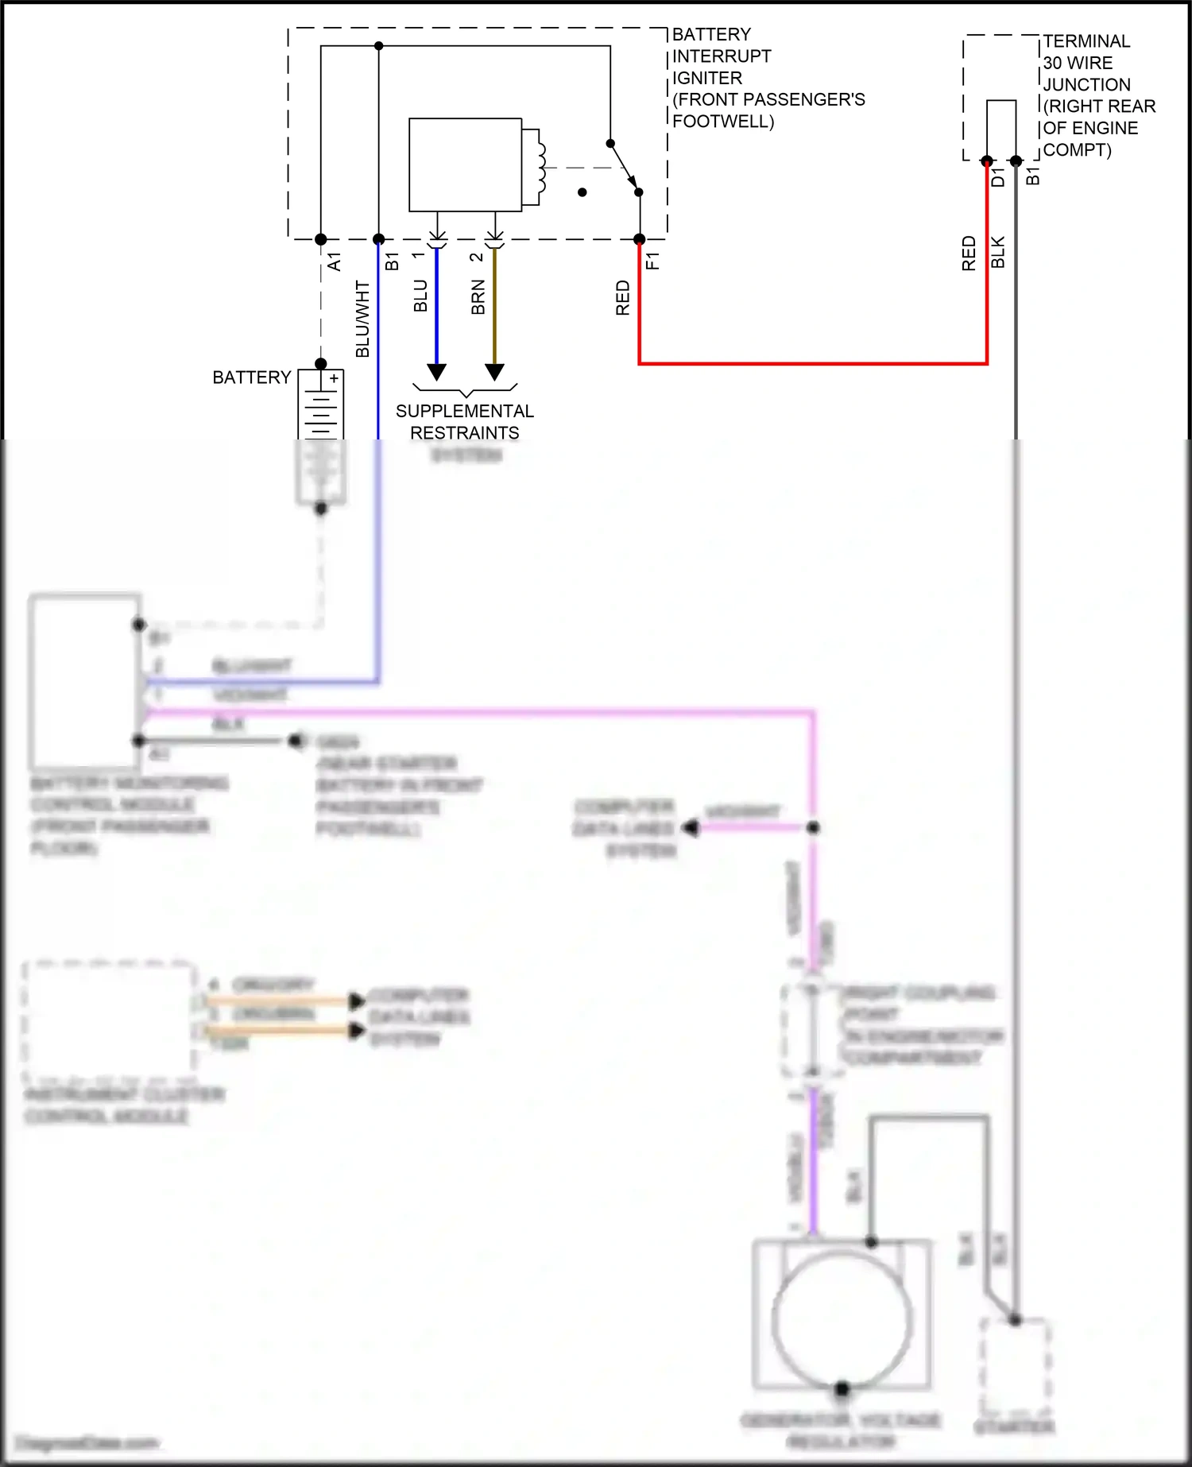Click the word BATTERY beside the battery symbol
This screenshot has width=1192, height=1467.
[251, 377]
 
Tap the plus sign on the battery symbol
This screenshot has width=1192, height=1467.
[335, 379]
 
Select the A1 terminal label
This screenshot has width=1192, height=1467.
[335, 261]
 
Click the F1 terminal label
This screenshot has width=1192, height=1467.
[652, 261]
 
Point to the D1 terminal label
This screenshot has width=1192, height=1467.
[998, 178]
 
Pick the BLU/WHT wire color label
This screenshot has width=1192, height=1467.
[362, 319]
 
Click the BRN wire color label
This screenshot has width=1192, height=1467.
[478, 297]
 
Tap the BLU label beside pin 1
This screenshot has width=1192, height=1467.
[420, 296]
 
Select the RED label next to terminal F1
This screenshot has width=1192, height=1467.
[622, 298]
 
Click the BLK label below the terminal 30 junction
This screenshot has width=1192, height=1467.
[998, 252]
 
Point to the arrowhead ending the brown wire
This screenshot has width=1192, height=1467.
[494, 372]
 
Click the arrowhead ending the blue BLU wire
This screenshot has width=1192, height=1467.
[436, 372]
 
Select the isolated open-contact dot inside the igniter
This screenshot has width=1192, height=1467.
[582, 192]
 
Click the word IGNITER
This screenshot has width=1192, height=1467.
[707, 78]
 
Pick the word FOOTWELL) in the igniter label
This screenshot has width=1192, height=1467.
[723, 122]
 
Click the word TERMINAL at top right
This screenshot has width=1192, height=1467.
[1086, 41]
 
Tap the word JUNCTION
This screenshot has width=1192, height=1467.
[1086, 85]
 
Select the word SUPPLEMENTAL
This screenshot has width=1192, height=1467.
[465, 412]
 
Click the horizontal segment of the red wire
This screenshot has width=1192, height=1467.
[811, 363]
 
